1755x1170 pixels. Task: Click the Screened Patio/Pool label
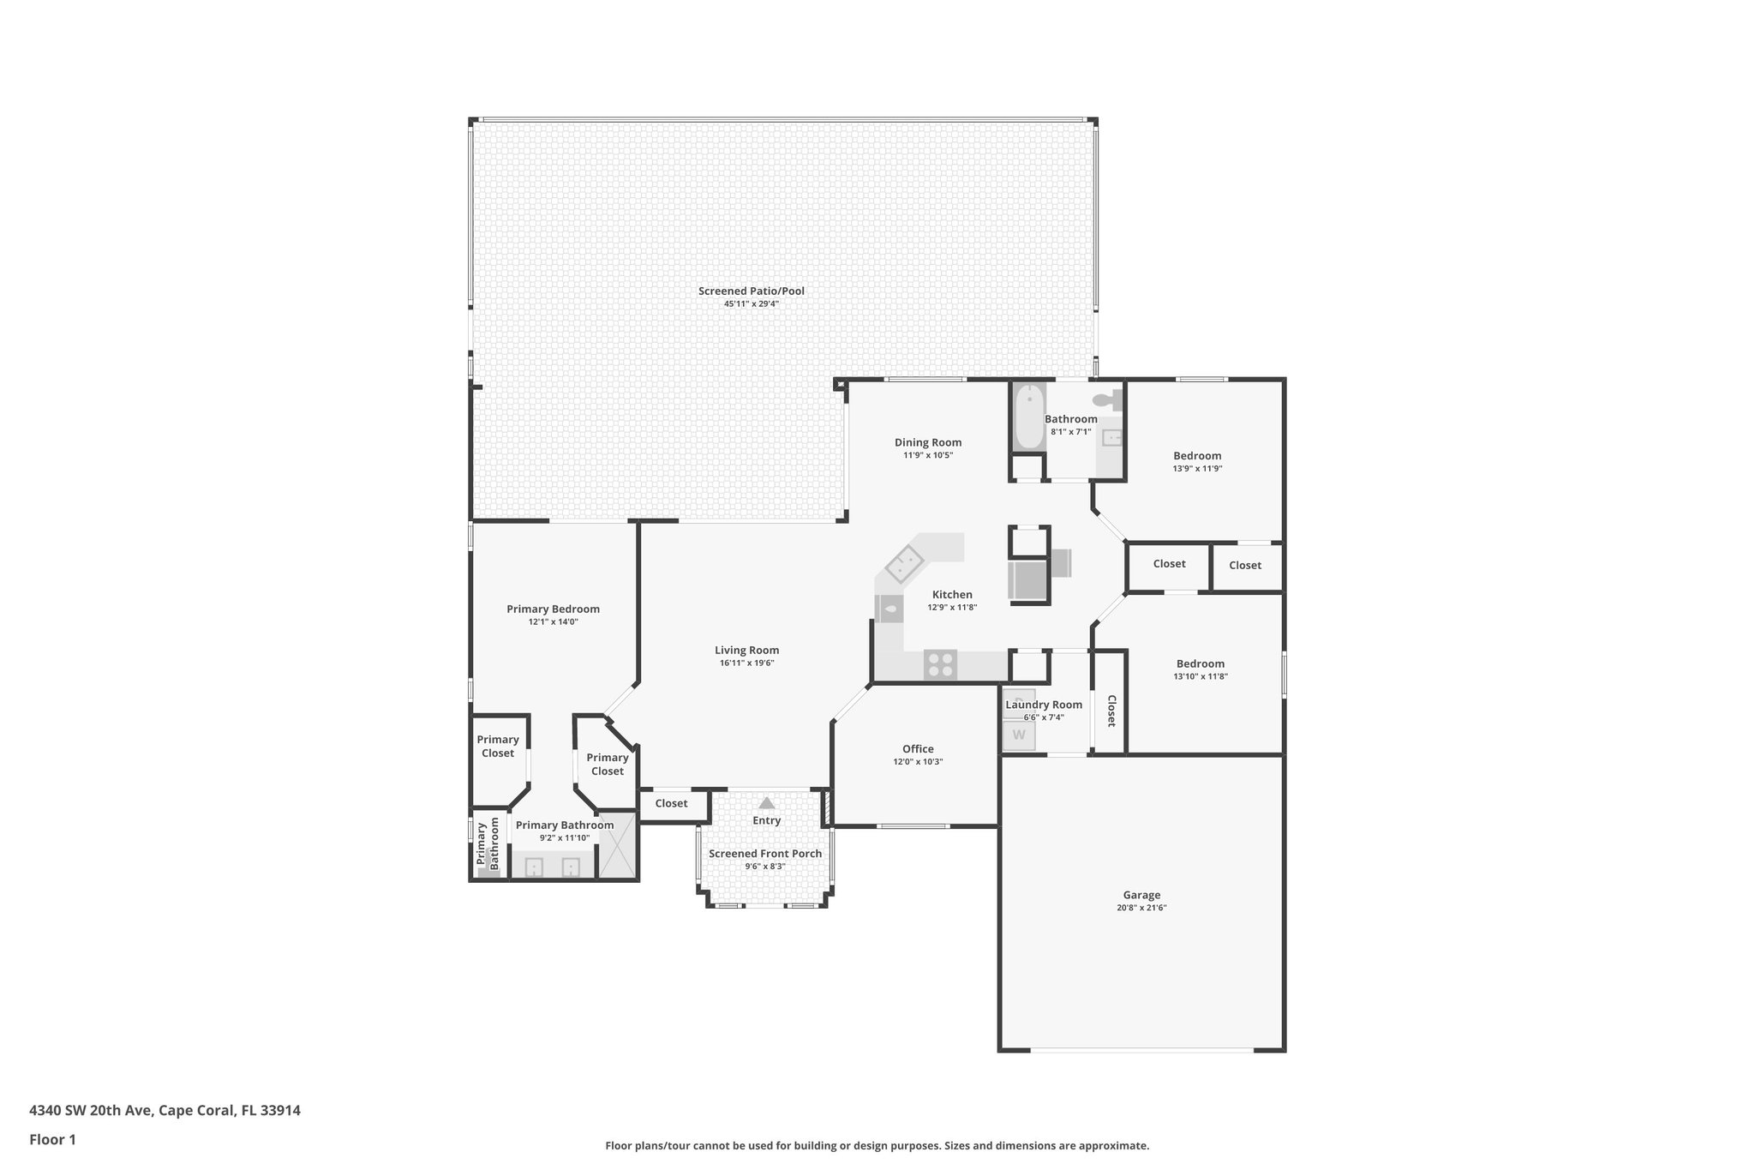[x=751, y=291]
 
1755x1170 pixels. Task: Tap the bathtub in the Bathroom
[x=1028, y=417]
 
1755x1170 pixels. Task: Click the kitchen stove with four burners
[x=940, y=665]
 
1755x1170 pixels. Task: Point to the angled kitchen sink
[x=903, y=565]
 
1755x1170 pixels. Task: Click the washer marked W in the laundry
[x=1019, y=735]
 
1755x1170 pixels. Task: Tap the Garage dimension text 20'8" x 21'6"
[x=1141, y=907]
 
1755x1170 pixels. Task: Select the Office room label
[x=918, y=748]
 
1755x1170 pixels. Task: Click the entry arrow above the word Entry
[x=766, y=803]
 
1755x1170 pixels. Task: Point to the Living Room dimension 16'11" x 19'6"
[x=746, y=663]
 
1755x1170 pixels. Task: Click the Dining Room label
[x=928, y=442]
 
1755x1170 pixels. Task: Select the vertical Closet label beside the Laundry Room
[x=1111, y=711]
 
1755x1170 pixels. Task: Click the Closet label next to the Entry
[x=671, y=803]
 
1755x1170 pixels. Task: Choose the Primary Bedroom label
[x=553, y=609]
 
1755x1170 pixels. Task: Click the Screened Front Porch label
[x=764, y=853]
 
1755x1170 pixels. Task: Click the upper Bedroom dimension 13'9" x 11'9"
[x=1197, y=469]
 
